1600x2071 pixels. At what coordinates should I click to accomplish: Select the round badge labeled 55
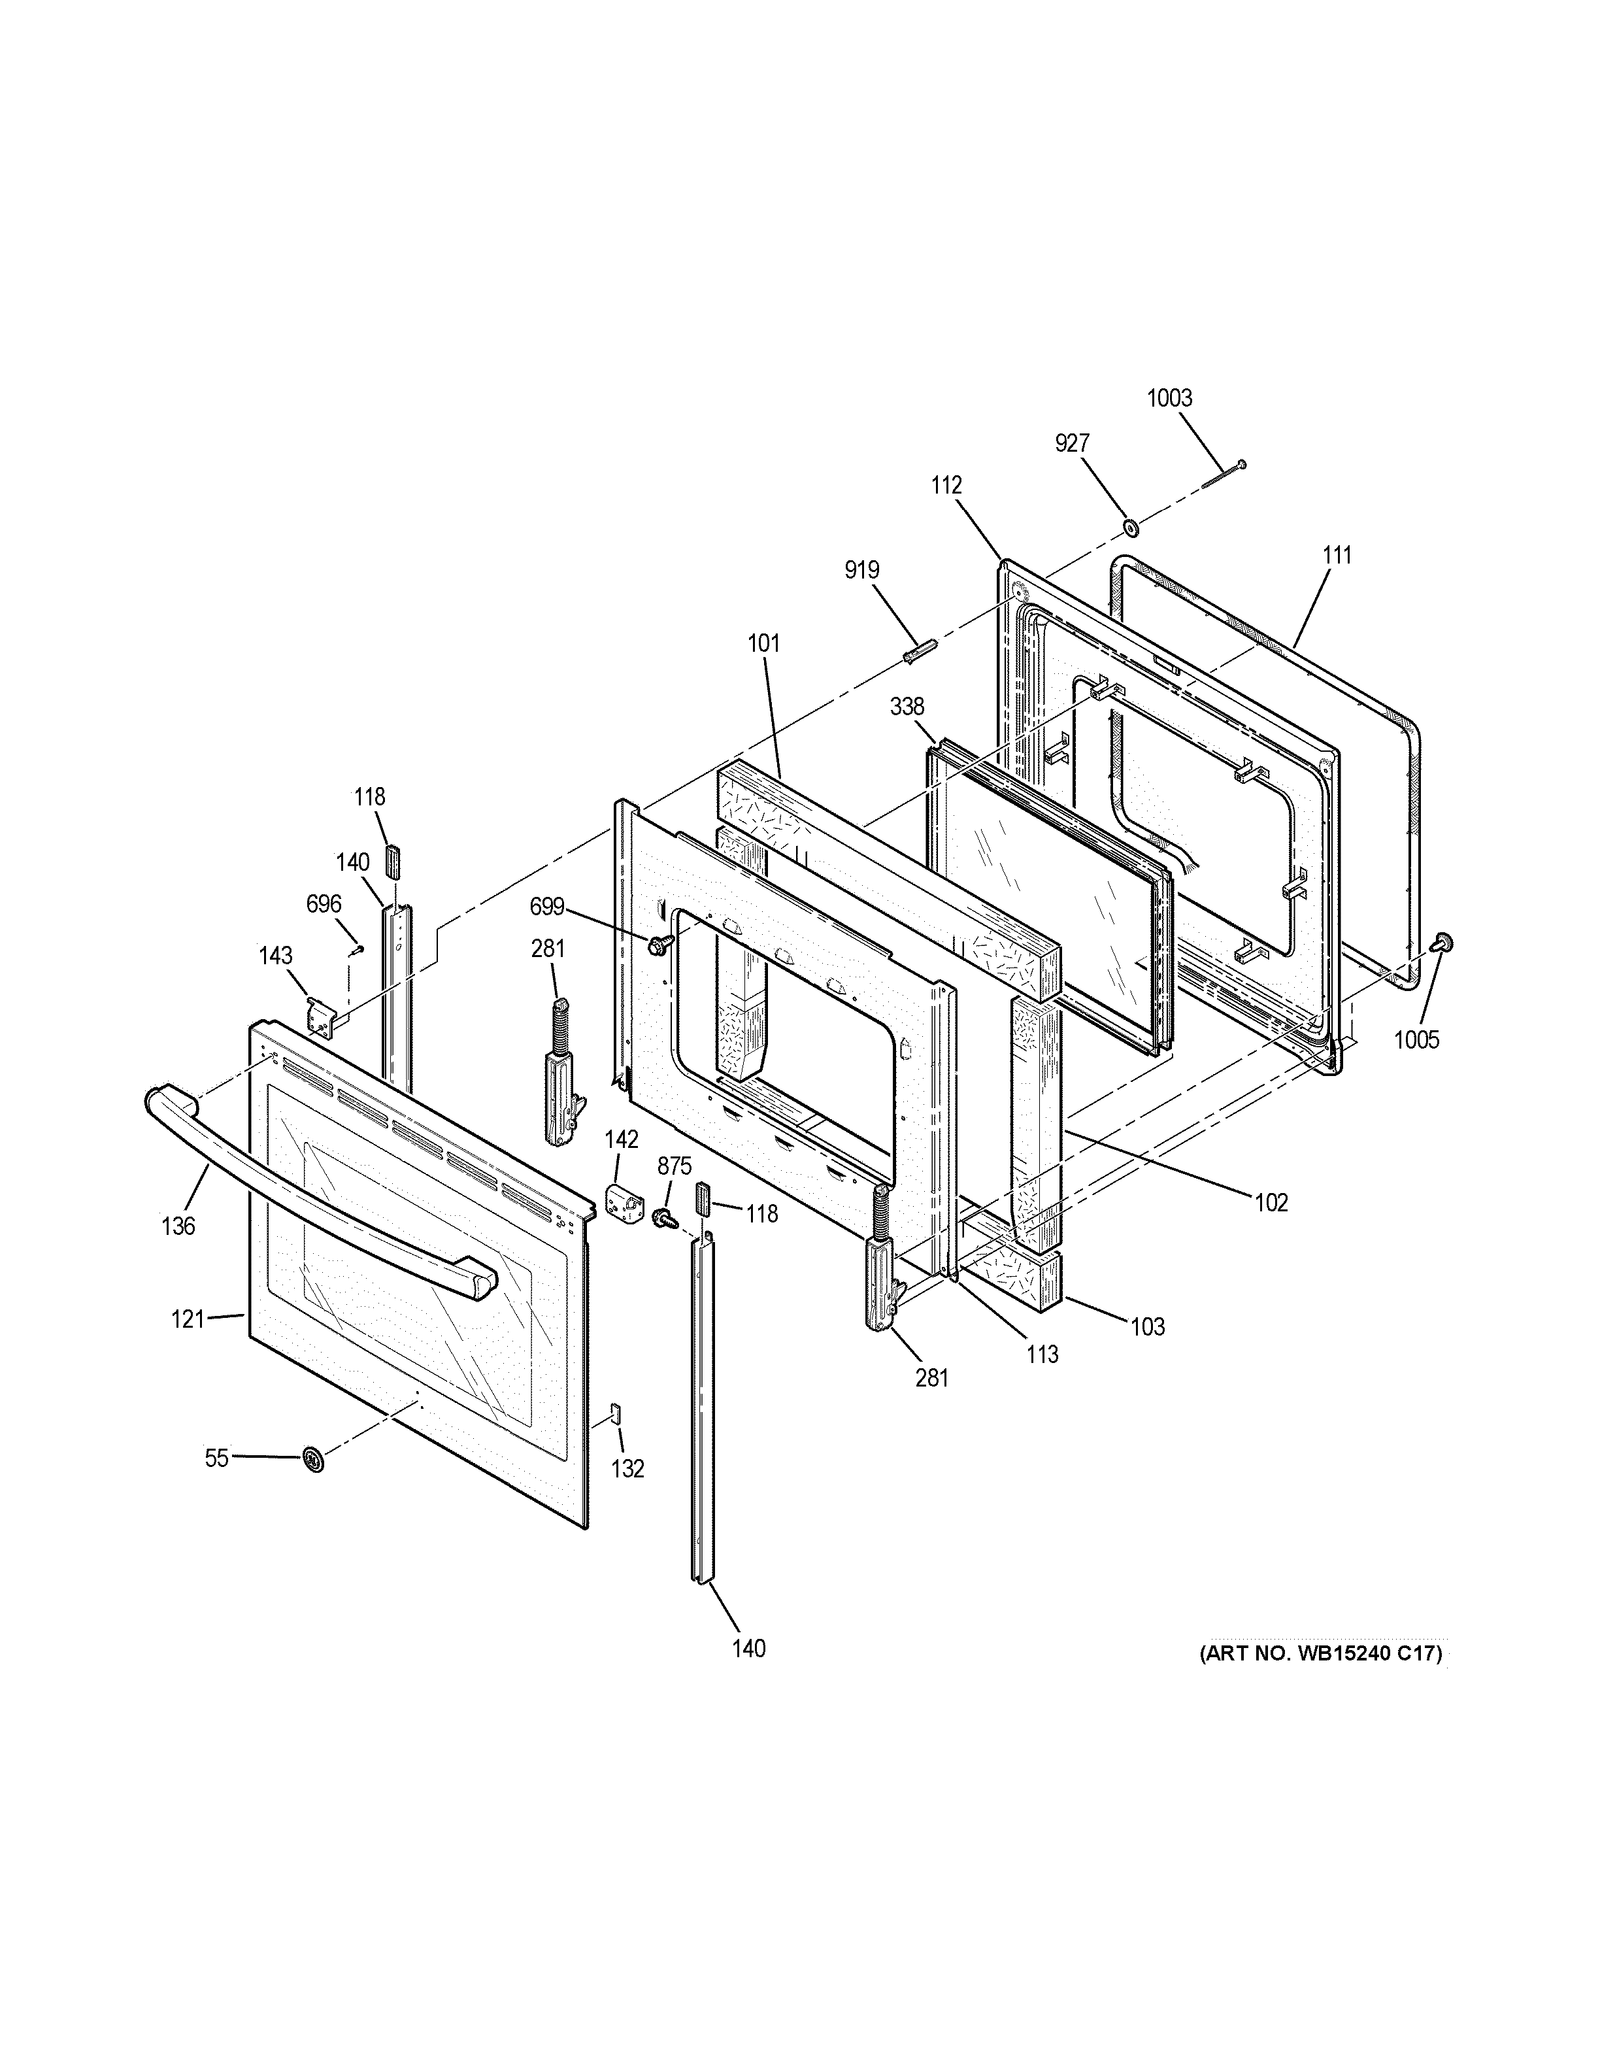312,1459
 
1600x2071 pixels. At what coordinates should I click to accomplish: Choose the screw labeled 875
665,1217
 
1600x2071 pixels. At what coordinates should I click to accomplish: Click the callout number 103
1147,1326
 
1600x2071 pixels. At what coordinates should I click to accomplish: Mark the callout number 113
1042,1354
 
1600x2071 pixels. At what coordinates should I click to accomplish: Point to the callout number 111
1337,556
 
